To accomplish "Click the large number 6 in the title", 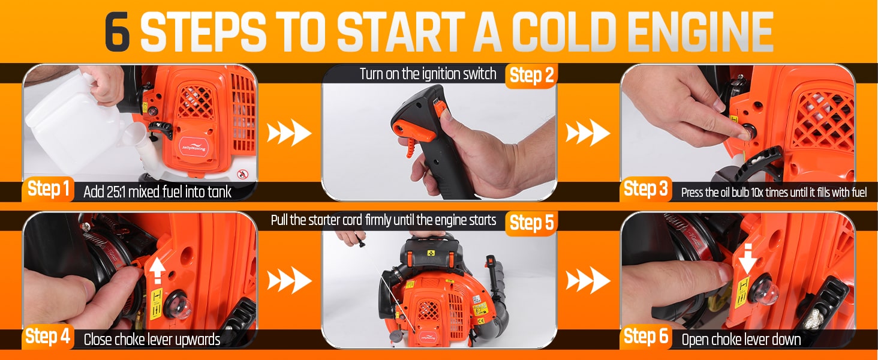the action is pyautogui.click(x=117, y=31).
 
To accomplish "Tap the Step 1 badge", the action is pyautogui.click(x=48, y=190).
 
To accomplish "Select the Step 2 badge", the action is pyautogui.click(x=531, y=75).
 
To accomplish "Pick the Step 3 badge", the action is pyautogui.click(x=645, y=189).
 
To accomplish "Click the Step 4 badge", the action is pyautogui.click(x=48, y=337).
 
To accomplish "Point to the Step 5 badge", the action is pyautogui.click(x=531, y=223).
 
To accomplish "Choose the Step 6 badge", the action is pyautogui.click(x=645, y=337).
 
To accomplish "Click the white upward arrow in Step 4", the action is pyautogui.click(x=157, y=270).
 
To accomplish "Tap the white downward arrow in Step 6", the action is pyautogui.click(x=748, y=259).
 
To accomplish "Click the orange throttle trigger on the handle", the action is pyautogui.click(x=416, y=137).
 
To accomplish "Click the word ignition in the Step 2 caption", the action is pyautogui.click(x=441, y=74).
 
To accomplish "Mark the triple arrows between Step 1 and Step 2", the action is pyautogui.click(x=289, y=133).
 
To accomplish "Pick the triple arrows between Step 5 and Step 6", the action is pyautogui.click(x=588, y=280).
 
